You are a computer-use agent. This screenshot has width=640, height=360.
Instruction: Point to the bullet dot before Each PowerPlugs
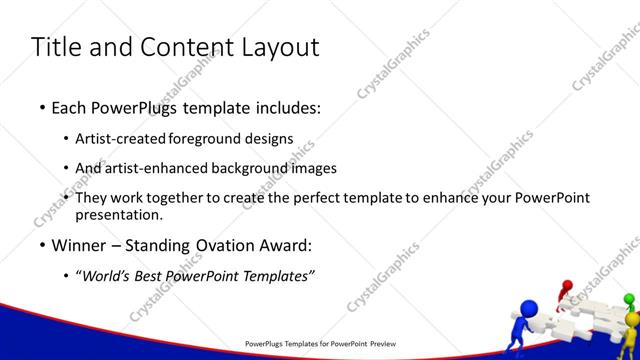pos(41,106)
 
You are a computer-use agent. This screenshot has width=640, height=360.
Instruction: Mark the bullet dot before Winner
pos(41,246)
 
